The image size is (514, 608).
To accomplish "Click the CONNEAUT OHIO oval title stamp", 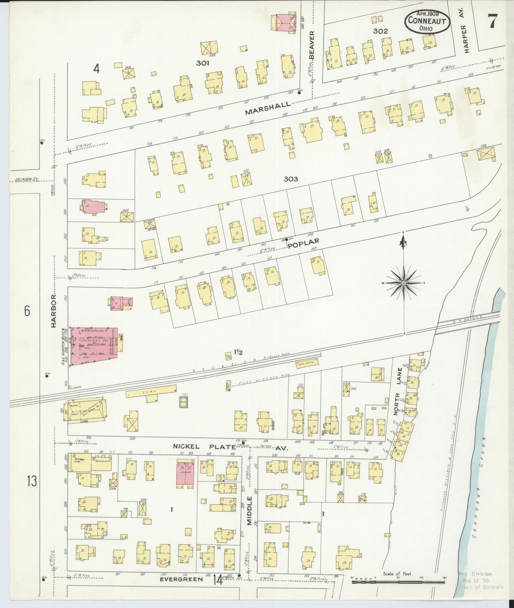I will click(427, 21).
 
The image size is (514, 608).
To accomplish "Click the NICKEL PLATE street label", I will click(204, 446).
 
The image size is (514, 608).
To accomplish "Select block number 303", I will click(291, 179).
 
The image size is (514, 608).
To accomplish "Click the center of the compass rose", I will click(403, 283).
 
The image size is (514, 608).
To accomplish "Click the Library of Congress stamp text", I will click(479, 587).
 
